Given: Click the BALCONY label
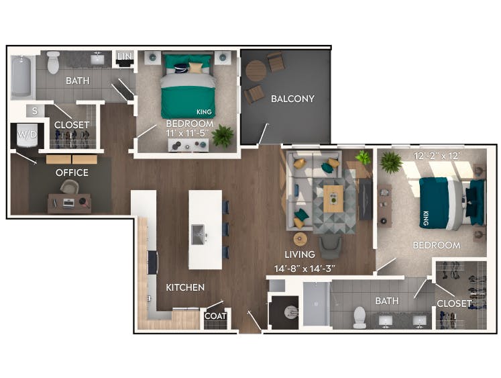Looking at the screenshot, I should tap(292, 99).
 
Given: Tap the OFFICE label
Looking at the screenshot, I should tap(72, 173).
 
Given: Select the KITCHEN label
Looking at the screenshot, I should tap(185, 287).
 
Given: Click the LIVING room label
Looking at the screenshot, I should tap(299, 254).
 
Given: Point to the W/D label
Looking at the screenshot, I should tap(27, 134).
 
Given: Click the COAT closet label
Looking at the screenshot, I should tap(215, 316).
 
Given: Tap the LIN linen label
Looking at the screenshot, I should tap(124, 56).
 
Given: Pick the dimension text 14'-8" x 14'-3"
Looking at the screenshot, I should tap(305, 269).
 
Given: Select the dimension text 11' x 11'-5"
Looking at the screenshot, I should tap(190, 134).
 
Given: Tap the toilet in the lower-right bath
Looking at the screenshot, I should tap(359, 316).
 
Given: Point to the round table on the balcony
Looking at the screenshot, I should tap(256, 71).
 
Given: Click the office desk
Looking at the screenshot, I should tap(68, 203).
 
